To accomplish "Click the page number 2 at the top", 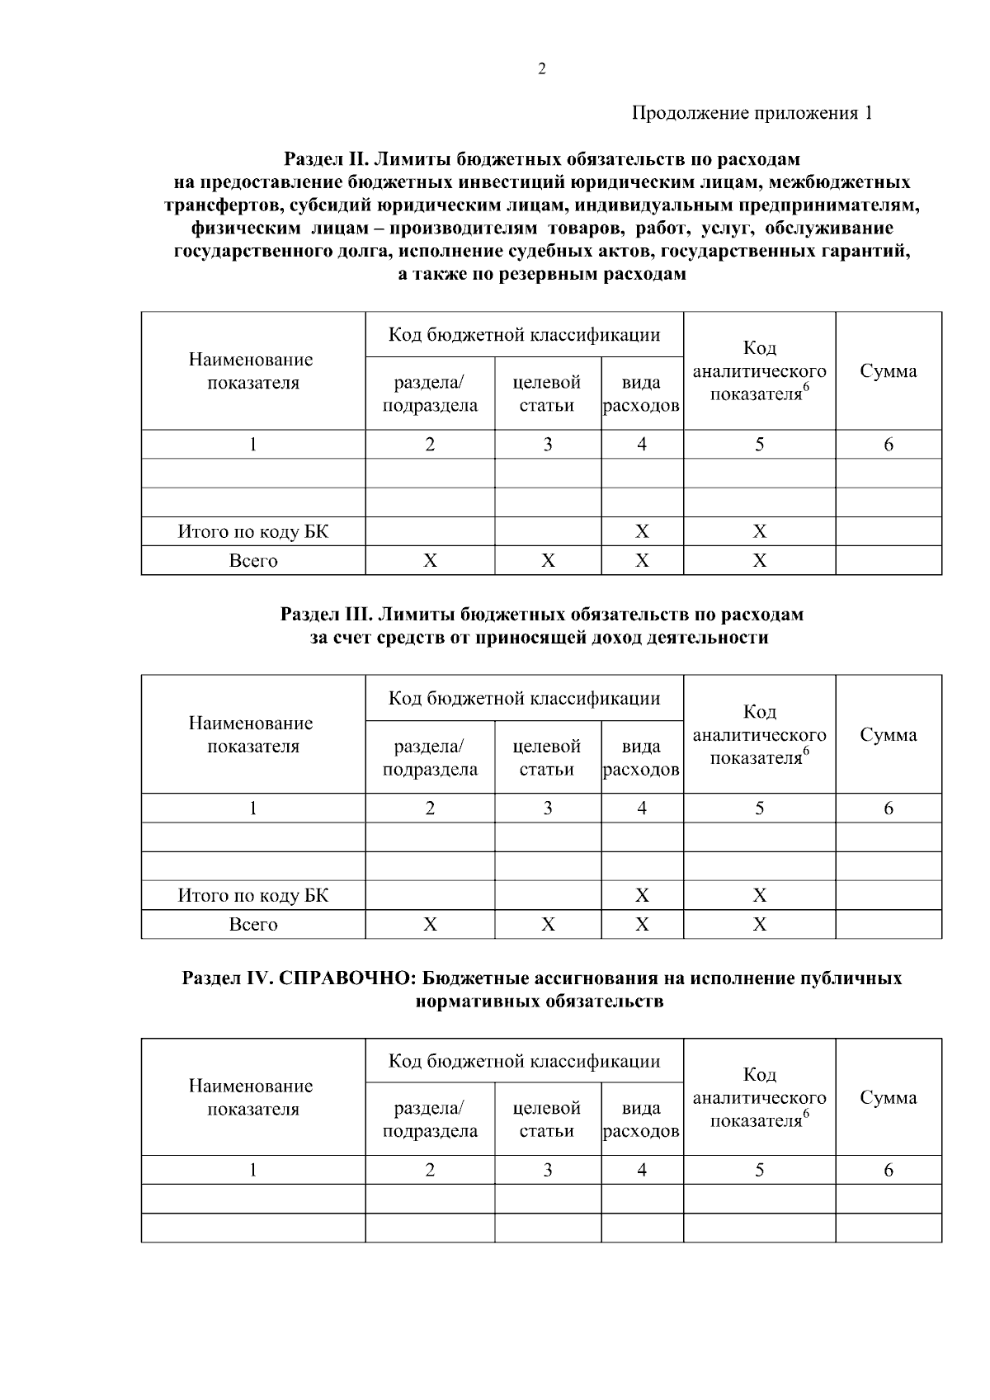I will coord(541,69).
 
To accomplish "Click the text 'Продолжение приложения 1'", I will coord(752,113).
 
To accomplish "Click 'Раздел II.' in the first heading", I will coord(324,158).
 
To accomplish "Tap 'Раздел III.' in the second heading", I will coord(326,615).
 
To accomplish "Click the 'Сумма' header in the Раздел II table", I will coord(888,371).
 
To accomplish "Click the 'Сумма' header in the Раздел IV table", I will coord(888,1098).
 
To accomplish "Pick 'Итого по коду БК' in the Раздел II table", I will coord(252,532).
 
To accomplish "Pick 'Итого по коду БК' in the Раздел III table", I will coord(252,896).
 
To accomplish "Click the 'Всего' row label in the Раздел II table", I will coord(252,561).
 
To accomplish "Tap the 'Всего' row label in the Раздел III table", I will coord(252,925).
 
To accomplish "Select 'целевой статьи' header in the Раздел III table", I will coord(547,758).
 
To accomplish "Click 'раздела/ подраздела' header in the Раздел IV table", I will coord(430,1120).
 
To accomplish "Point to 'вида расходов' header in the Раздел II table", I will coord(641,394).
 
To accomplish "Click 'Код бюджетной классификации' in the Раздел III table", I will coord(524,699).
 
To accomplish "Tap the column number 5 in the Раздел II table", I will coord(759,445).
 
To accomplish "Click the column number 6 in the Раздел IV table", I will coord(888,1171).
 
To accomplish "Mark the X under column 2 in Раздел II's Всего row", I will coord(430,561).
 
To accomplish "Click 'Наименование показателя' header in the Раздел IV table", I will coord(252,1098).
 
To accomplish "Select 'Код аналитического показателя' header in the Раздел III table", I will coord(759,735).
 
